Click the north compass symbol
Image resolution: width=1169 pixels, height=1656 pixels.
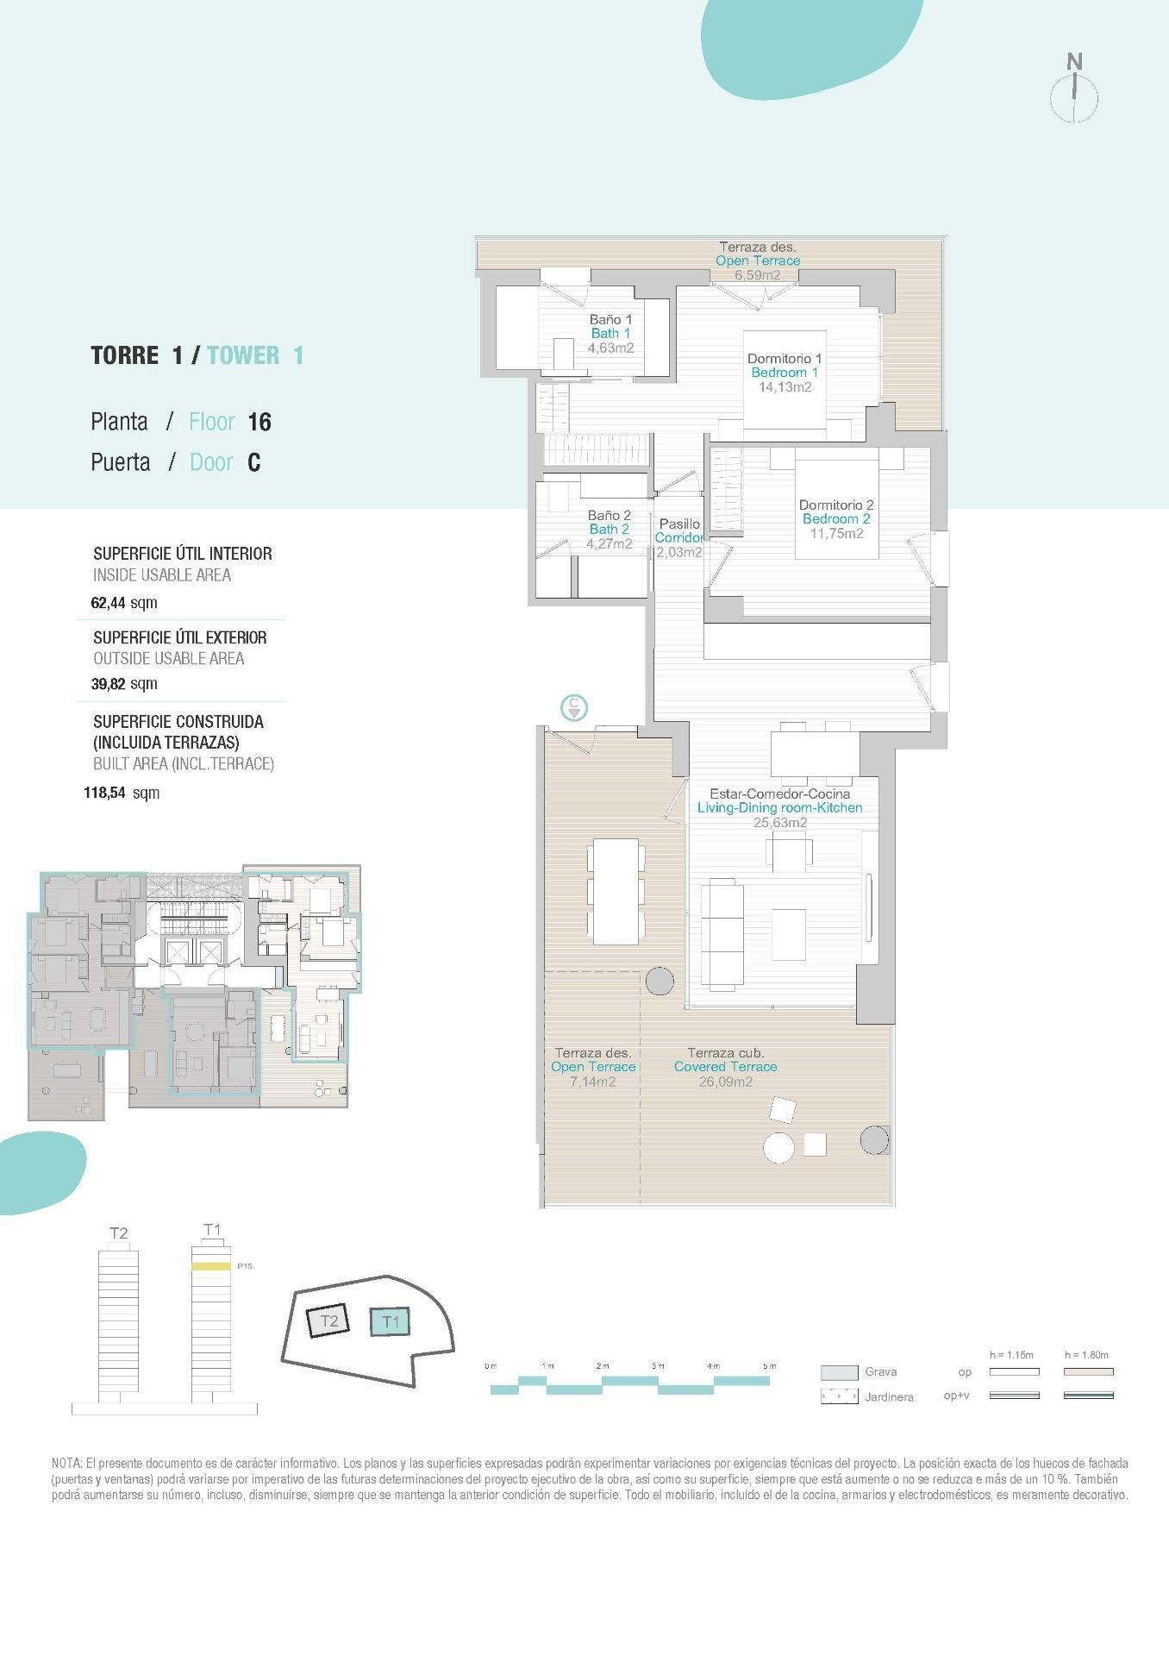[1073, 90]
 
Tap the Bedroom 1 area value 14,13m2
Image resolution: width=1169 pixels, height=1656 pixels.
[785, 387]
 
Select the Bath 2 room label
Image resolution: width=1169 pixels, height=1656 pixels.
[609, 529]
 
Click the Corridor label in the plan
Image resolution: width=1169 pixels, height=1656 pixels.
[678, 537]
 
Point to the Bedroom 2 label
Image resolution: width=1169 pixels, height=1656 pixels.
[835, 518]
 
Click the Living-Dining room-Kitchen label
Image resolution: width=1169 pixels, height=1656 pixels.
[779, 808]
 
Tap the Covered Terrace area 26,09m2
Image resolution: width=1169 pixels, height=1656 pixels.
[725, 1082]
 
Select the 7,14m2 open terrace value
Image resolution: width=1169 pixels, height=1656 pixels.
[592, 1082]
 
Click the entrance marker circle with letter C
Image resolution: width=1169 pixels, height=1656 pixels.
[574, 707]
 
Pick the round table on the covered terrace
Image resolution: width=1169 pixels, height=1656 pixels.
[779, 1147]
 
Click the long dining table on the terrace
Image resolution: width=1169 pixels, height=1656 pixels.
[616, 891]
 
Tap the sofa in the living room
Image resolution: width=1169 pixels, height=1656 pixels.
[722, 934]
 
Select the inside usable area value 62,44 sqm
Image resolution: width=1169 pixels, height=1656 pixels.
[124, 603]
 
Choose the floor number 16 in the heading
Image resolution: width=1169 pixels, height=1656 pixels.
[259, 422]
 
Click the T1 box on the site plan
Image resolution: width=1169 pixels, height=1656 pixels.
[390, 1321]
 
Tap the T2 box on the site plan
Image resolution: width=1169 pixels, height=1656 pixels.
[328, 1320]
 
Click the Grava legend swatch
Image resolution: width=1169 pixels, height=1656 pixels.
[839, 1372]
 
